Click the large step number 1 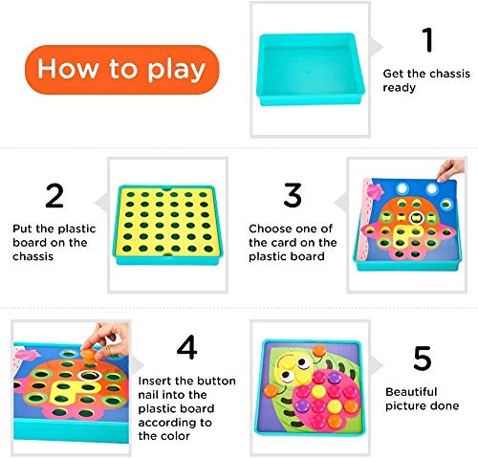[x=427, y=40]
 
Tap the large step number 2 [x=54, y=196]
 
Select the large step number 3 [x=292, y=196]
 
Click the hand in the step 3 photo [x=445, y=169]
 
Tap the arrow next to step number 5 [x=377, y=361]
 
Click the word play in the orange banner [x=174, y=70]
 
